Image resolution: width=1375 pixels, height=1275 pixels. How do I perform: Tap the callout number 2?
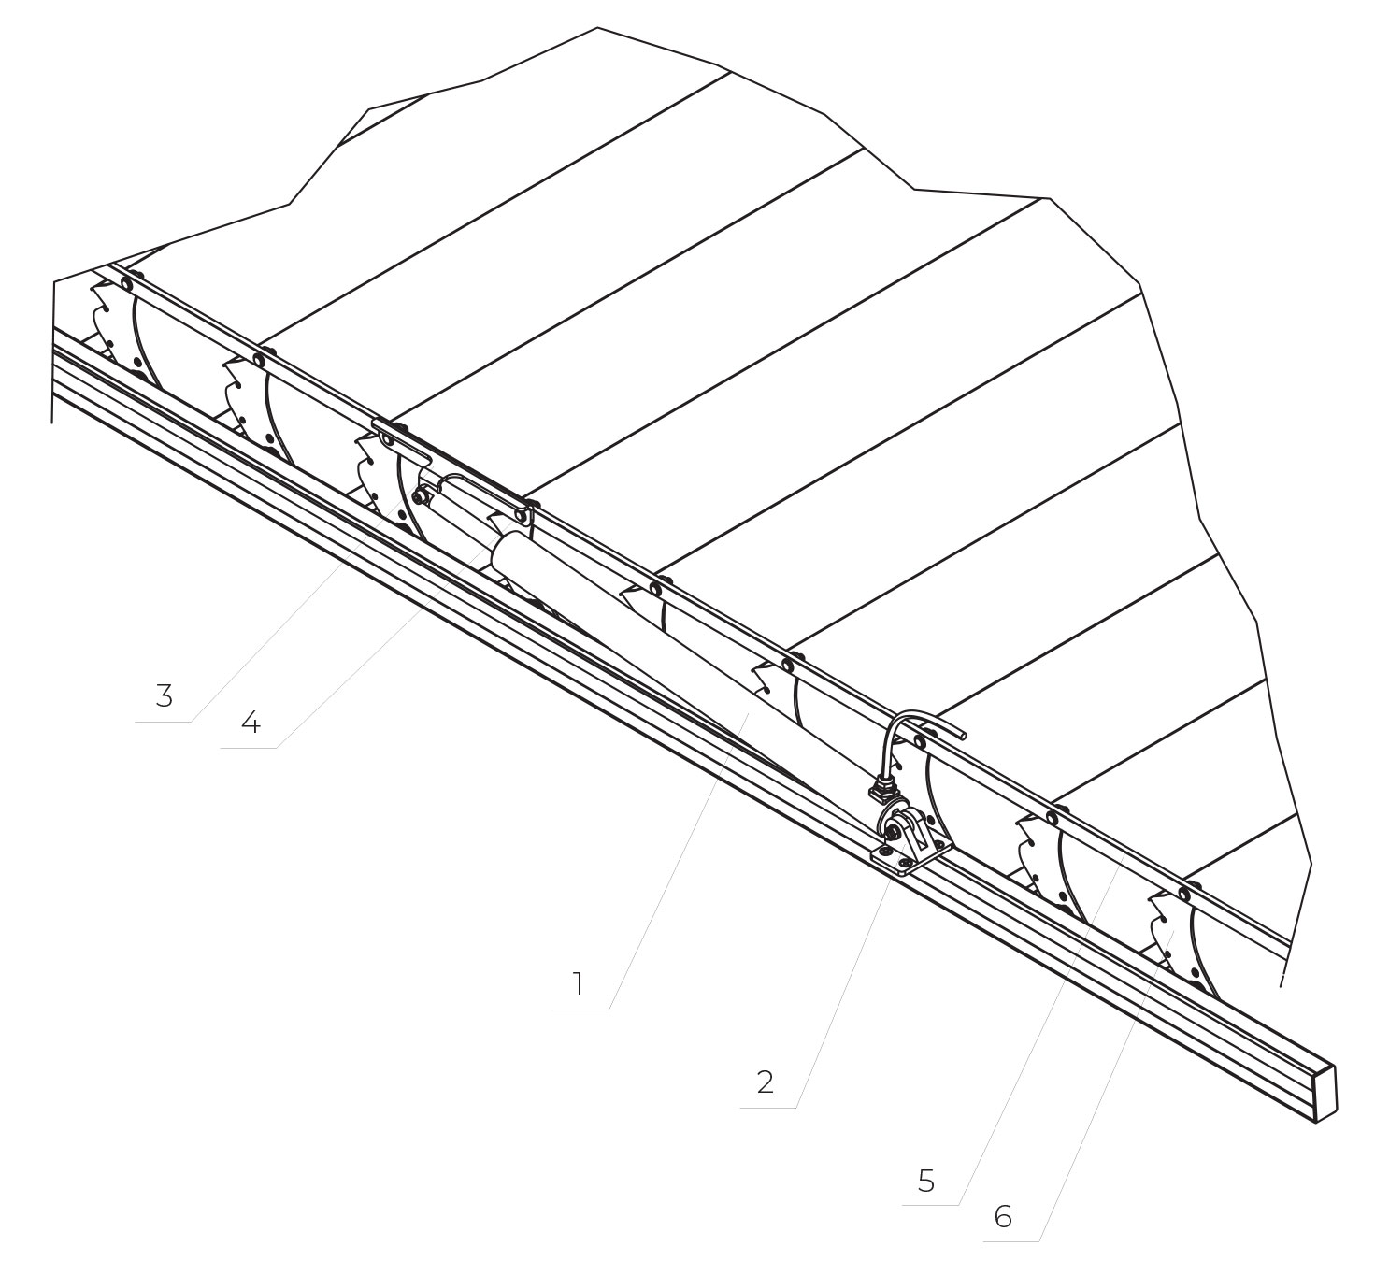pos(765,1082)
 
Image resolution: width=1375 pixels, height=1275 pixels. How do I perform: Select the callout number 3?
pos(165,695)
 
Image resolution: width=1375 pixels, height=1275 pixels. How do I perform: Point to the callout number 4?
pos(251,723)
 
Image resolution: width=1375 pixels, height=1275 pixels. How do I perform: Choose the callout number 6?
pos(1003,1216)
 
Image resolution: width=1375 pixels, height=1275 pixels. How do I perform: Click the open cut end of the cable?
pos(961,733)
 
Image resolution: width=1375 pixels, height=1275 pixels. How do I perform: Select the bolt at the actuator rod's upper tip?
pos(420,497)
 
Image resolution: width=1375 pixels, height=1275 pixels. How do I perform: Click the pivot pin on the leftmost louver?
pos(126,284)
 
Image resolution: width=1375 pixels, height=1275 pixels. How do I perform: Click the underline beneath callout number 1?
pos(581,1010)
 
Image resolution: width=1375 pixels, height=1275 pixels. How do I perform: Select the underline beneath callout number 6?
pos(1011,1241)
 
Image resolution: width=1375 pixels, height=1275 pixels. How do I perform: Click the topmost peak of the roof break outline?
pos(597,28)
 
